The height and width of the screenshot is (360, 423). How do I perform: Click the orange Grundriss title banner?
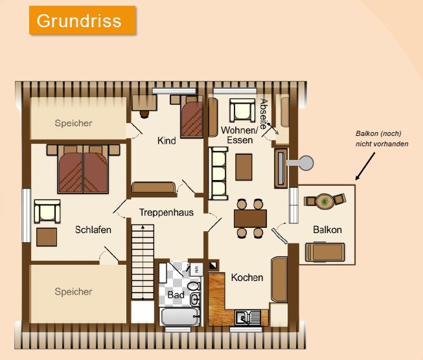pos(82,21)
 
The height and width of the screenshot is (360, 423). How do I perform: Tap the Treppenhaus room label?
pos(166,212)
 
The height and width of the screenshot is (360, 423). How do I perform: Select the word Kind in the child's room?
pos(166,141)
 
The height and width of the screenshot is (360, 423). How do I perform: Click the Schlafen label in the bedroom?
pos(93,230)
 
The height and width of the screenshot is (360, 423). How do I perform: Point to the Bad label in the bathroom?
pos(176,295)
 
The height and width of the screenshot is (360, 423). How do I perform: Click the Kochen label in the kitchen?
pos(247,278)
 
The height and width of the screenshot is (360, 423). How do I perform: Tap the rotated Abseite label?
pos(264,114)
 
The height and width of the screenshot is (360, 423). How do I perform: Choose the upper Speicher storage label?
pos(73,123)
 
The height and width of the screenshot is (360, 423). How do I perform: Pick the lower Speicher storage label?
pos(73,292)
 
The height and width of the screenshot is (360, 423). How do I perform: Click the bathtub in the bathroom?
pos(180,317)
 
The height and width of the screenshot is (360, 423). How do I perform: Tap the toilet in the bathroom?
pos(194,286)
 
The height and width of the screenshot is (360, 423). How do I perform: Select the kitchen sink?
pos(247,317)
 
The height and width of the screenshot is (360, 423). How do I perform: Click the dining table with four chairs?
pos(250,218)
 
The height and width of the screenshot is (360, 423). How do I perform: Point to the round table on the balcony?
pos(325,201)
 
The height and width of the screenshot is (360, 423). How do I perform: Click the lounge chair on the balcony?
pos(325,252)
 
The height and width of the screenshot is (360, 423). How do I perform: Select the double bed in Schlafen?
pos(83,169)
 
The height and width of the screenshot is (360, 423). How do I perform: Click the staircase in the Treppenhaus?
pos(143,262)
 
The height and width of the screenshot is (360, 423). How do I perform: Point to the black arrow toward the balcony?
pos(365,166)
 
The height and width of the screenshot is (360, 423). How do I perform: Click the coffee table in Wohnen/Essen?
pos(244,167)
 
